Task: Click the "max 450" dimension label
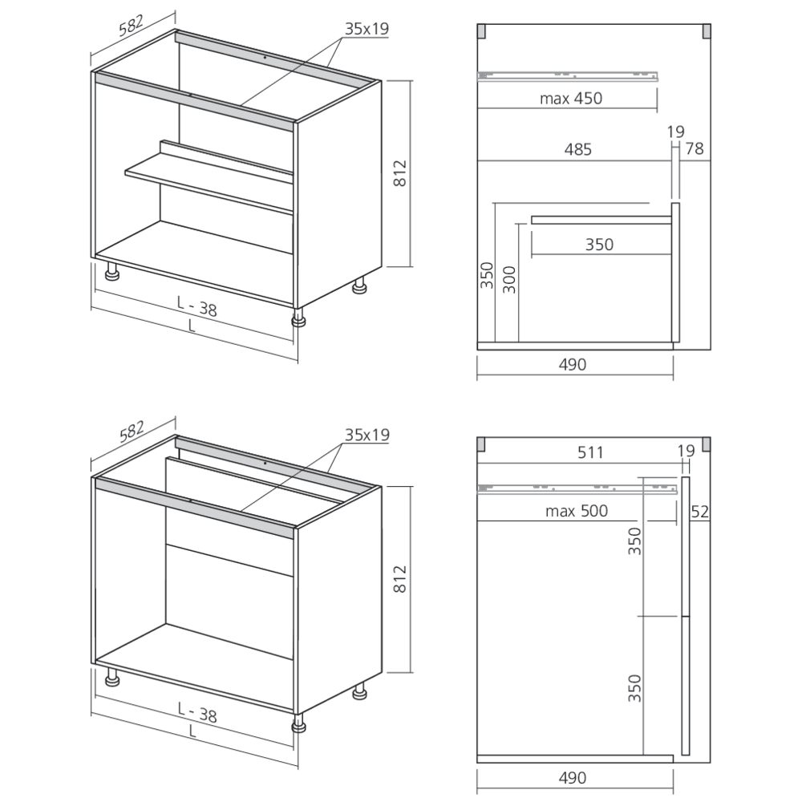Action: tap(570, 99)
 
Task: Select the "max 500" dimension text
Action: tap(576, 511)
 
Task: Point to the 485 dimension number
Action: tap(577, 149)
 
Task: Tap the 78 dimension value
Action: tap(695, 149)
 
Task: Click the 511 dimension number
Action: tap(589, 452)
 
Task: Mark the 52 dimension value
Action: tap(699, 511)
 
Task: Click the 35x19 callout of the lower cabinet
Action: tap(367, 435)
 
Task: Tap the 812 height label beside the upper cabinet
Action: tap(402, 174)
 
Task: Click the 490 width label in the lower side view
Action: tap(573, 777)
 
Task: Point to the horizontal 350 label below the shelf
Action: tap(598, 245)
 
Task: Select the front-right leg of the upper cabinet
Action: tap(299, 318)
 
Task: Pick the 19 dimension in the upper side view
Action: tap(675, 132)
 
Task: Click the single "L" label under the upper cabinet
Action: tap(190, 326)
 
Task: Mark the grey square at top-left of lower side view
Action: tap(481, 444)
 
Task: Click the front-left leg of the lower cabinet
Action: tap(113, 680)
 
